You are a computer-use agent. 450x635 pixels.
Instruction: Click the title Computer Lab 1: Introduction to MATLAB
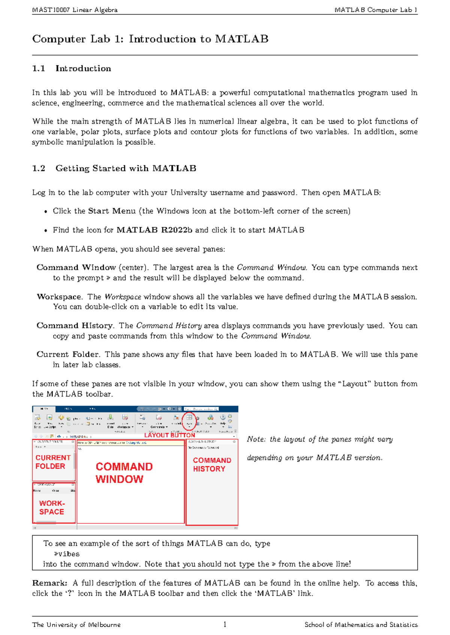pyautogui.click(x=150, y=39)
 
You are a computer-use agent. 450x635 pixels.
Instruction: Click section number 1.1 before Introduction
pyautogui.click(x=39, y=69)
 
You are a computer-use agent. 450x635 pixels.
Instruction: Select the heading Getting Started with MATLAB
pyautogui.click(x=126, y=168)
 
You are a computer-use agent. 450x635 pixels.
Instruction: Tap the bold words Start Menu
pyautogui.click(x=112, y=211)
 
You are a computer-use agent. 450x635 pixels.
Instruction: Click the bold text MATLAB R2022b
pyautogui.click(x=154, y=230)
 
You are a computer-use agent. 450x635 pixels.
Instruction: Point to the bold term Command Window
pyautogui.click(x=76, y=268)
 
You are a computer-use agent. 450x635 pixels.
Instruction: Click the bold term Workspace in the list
pyautogui.click(x=59, y=297)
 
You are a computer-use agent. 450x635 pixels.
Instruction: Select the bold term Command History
pyautogui.click(x=75, y=326)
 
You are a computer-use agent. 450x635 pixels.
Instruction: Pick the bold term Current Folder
pyautogui.click(x=67, y=355)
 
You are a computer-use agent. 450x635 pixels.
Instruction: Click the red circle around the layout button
pyautogui.click(x=189, y=421)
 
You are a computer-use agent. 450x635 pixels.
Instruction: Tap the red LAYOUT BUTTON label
pyautogui.click(x=169, y=435)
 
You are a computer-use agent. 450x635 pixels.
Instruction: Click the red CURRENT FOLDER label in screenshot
pyautogui.click(x=53, y=462)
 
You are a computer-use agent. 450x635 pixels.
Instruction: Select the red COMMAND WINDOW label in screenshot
pyautogui.click(x=124, y=473)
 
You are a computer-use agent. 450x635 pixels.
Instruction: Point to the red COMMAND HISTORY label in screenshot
pyautogui.click(x=211, y=464)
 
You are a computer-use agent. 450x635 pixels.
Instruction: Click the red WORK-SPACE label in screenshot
pyautogui.click(x=52, y=507)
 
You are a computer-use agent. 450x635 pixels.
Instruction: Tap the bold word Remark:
pyautogui.click(x=49, y=583)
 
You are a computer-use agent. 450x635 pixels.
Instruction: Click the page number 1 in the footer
pyautogui.click(x=225, y=624)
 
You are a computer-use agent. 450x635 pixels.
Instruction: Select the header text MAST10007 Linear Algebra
pyautogui.click(x=75, y=10)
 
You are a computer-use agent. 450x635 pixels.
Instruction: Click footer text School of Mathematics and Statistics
pyautogui.click(x=361, y=625)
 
